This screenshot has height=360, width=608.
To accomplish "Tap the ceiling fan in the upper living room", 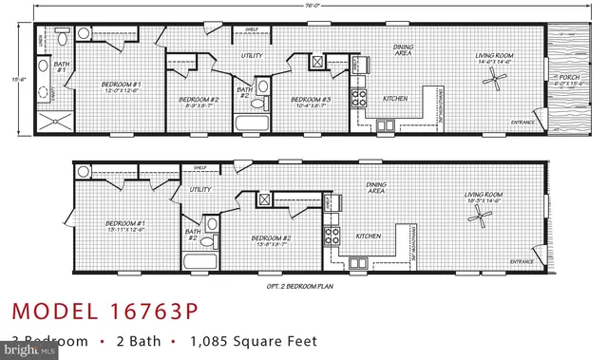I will (x=494, y=77).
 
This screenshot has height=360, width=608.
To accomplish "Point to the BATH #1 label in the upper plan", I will (x=45, y=67).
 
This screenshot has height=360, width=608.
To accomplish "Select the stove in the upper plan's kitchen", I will (x=361, y=97).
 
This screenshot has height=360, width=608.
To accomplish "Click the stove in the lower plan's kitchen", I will (x=332, y=234).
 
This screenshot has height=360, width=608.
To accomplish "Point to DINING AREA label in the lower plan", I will (x=375, y=187).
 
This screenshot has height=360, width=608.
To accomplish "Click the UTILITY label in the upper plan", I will (x=251, y=56).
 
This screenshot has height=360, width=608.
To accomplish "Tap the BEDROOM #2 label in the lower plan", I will (x=271, y=238).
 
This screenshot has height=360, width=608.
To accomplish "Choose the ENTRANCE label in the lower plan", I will (x=522, y=261).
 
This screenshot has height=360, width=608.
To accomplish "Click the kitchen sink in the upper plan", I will (x=386, y=124).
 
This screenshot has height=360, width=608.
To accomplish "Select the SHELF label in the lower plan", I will (x=199, y=168).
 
